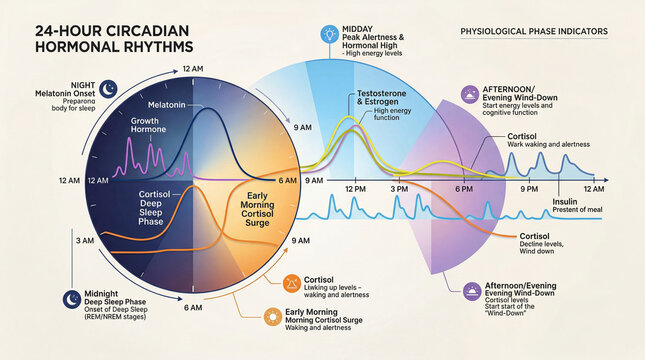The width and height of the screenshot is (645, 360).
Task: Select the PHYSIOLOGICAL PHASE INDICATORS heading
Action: click(x=534, y=32)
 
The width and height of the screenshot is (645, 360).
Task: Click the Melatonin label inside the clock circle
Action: click(x=166, y=104)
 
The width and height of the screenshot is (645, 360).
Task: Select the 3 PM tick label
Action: click(x=399, y=189)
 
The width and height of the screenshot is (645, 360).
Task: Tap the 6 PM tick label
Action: click(x=464, y=189)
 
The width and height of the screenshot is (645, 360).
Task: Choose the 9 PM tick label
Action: click(x=530, y=189)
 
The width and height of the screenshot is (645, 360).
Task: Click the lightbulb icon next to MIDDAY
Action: click(x=327, y=33)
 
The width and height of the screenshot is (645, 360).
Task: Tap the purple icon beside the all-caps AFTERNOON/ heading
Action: click(x=469, y=94)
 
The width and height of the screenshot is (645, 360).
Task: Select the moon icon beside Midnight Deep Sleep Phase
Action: click(x=71, y=297)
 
